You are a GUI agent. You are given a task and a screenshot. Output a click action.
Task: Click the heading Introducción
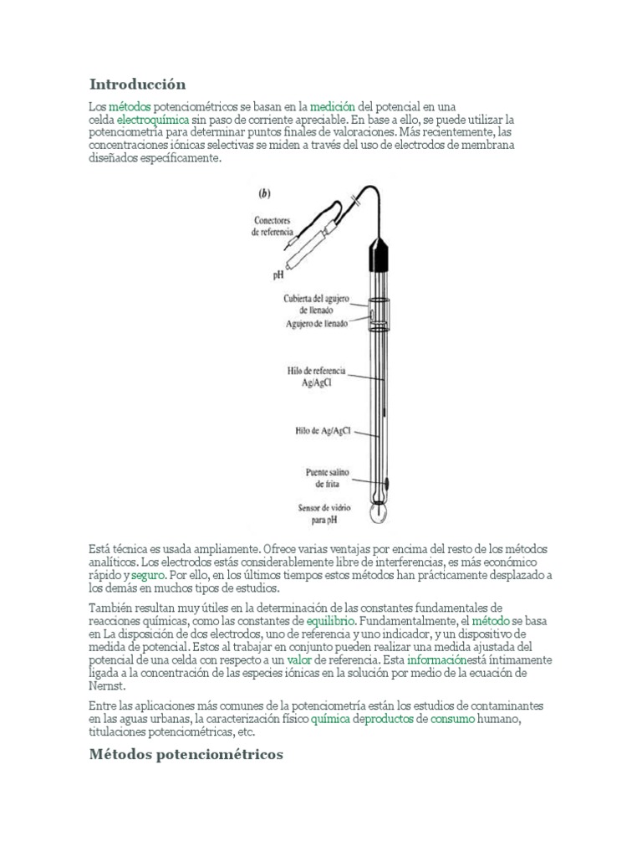[x=137, y=84]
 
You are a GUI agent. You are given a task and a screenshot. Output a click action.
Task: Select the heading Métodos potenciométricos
[x=186, y=754]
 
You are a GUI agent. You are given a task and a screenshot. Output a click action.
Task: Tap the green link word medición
[x=333, y=106]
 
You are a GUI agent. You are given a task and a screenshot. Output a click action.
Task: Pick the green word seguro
[x=148, y=576]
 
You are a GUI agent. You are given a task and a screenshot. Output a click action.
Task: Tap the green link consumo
[x=452, y=719]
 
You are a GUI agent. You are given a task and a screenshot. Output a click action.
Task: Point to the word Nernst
[x=106, y=685]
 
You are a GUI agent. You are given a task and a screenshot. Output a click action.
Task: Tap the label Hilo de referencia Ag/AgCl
[x=318, y=374]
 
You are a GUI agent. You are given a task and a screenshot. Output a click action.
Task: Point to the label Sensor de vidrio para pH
[x=324, y=512]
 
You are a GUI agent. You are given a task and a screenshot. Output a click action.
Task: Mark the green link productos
[x=390, y=719]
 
